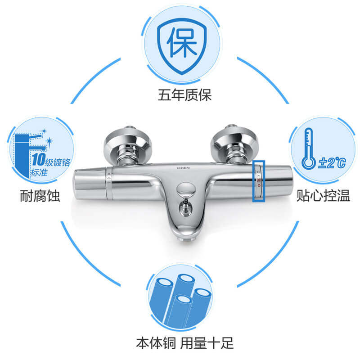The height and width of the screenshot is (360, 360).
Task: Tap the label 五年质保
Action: point(184,95)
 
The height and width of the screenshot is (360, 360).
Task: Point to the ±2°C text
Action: point(332,162)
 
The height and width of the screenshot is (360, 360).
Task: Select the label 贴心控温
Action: point(323,196)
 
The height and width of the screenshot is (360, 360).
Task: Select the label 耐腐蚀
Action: point(40,196)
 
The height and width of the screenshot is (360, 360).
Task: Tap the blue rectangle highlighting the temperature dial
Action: point(259,181)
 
